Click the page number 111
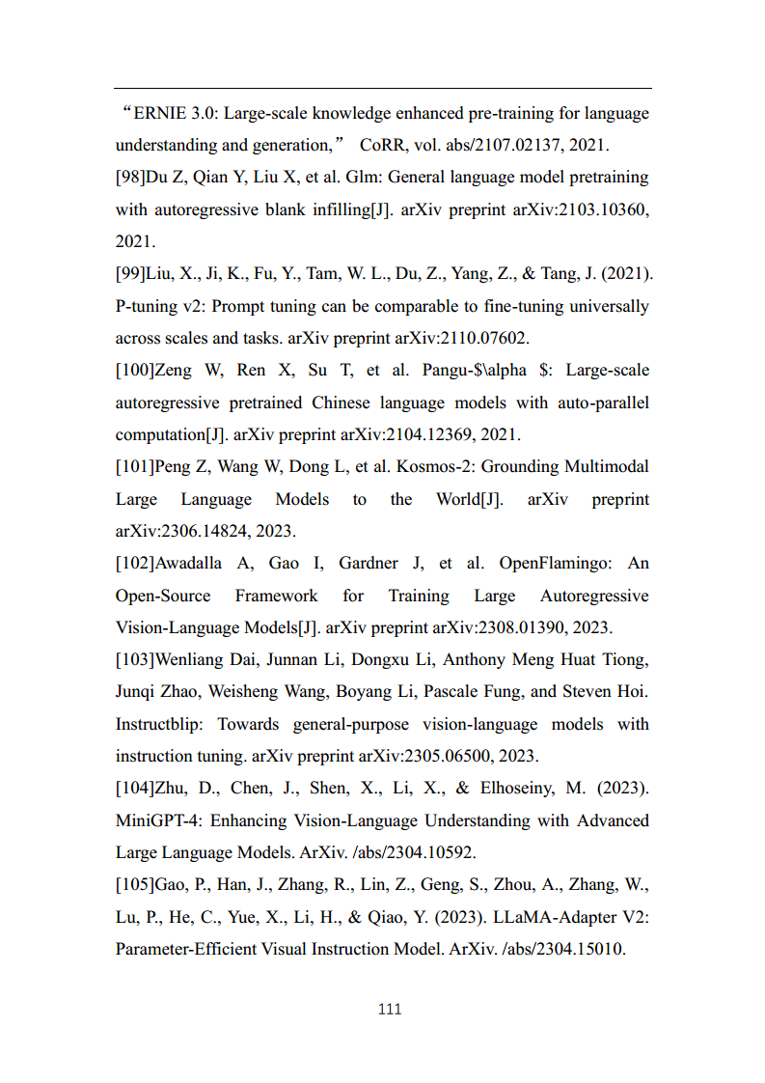[x=390, y=1010]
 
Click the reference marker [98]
[x=130, y=178]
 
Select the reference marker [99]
[x=130, y=274]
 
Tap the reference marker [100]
[x=134, y=371]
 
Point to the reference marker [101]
[x=134, y=467]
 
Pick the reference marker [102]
[x=134, y=564]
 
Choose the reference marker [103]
[x=134, y=660]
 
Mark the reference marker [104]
[x=134, y=789]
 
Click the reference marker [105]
[x=134, y=885]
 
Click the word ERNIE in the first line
[x=159, y=114]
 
